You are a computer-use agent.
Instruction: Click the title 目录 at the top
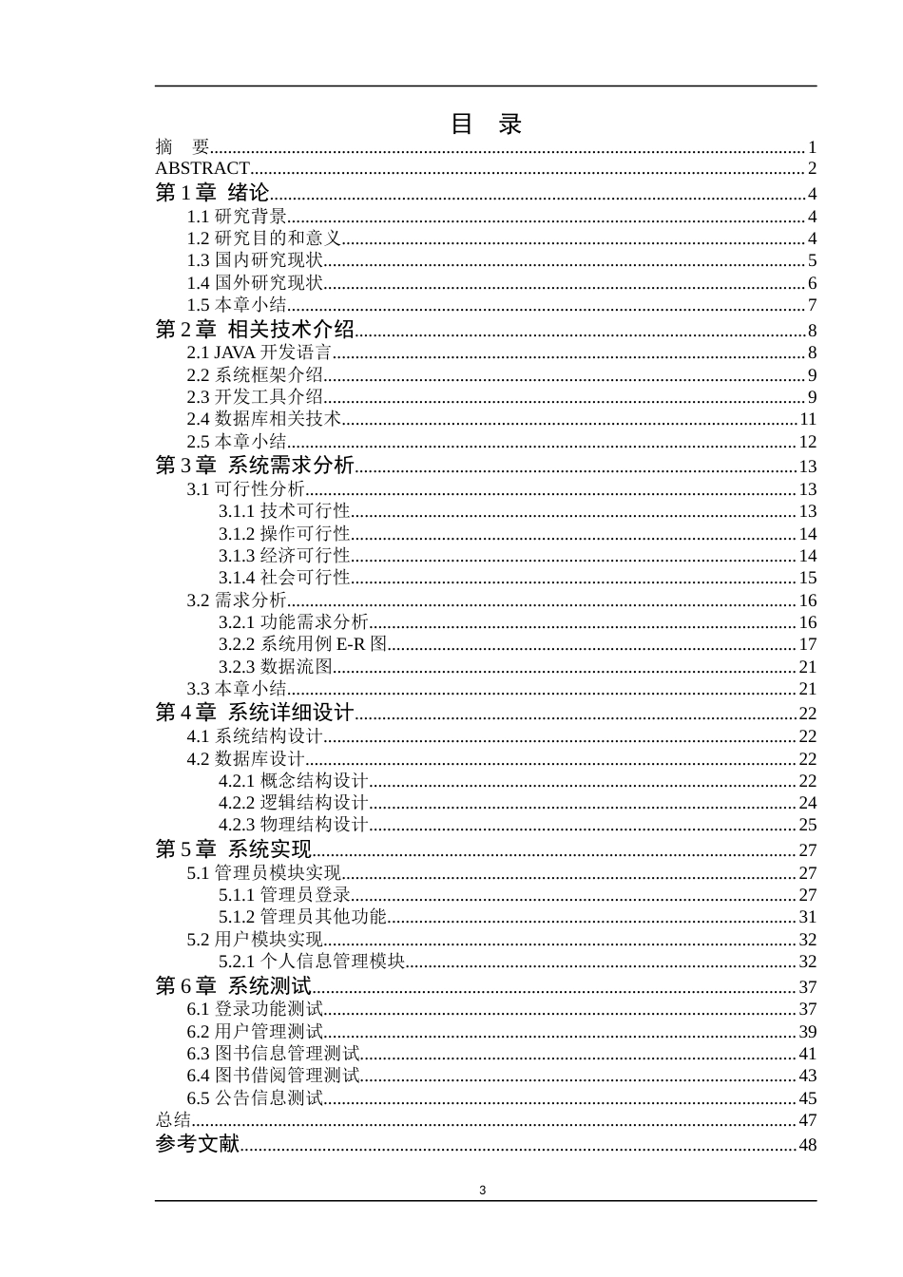(x=486, y=124)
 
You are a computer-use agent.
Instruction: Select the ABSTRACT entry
(x=202, y=169)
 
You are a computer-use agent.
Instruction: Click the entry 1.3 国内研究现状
(x=255, y=260)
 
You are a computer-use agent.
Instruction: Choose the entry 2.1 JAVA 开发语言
(x=259, y=353)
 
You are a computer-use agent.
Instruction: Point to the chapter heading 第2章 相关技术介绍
(x=255, y=330)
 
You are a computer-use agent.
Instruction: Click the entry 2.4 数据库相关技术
(x=264, y=419)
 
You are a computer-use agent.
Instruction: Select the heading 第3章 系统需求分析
(x=255, y=466)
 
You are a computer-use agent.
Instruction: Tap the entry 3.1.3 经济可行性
(x=284, y=556)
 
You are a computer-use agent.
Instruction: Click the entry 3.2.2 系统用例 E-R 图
(x=303, y=644)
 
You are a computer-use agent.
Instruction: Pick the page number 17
(x=807, y=644)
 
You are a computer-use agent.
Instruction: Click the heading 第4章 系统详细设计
(x=255, y=713)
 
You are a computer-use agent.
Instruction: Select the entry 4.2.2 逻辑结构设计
(x=293, y=803)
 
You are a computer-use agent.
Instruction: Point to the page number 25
(x=807, y=825)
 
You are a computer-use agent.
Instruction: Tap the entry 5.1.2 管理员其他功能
(x=302, y=917)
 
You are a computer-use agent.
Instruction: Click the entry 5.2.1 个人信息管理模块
(x=312, y=962)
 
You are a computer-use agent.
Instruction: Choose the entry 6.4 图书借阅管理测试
(x=274, y=1076)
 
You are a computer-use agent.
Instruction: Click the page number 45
(x=807, y=1098)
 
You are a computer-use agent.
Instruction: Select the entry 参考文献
(x=198, y=1144)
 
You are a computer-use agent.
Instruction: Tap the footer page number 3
(x=483, y=1191)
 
